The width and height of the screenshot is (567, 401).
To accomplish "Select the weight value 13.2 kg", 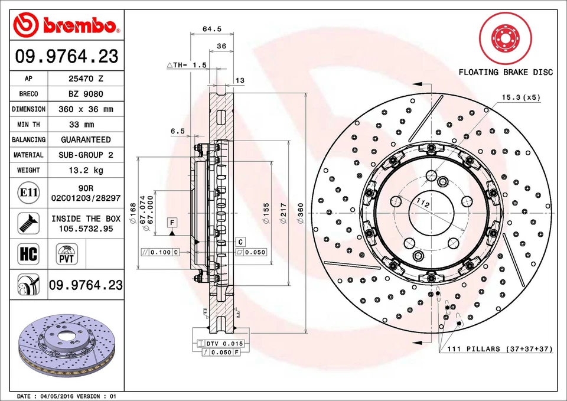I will (86, 170).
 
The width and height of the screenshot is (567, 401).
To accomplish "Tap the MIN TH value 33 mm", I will (86, 125).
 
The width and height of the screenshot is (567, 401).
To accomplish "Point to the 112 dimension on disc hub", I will (422, 203).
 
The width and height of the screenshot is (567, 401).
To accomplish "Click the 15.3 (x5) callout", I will (521, 97).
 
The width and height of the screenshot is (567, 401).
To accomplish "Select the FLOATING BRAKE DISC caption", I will (506, 72).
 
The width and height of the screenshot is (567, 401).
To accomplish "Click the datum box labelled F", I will (172, 222).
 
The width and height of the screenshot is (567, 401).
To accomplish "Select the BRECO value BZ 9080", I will (86, 94).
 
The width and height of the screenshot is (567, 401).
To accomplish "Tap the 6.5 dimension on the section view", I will (178, 131).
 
